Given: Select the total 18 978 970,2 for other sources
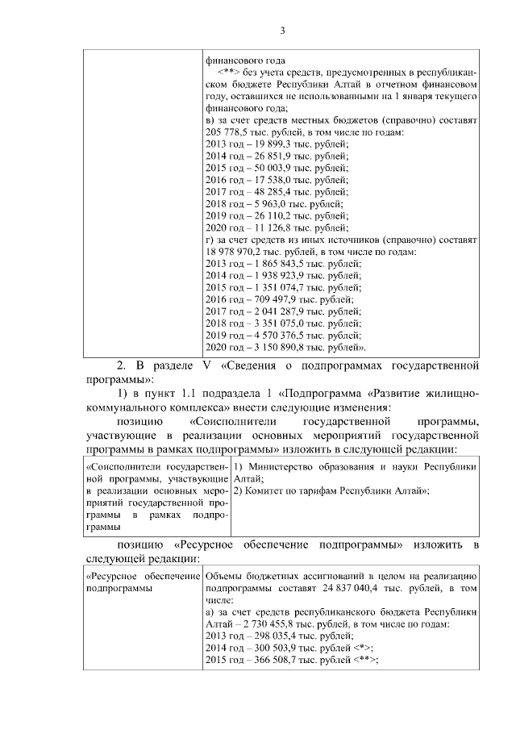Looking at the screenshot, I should pos(237,253).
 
